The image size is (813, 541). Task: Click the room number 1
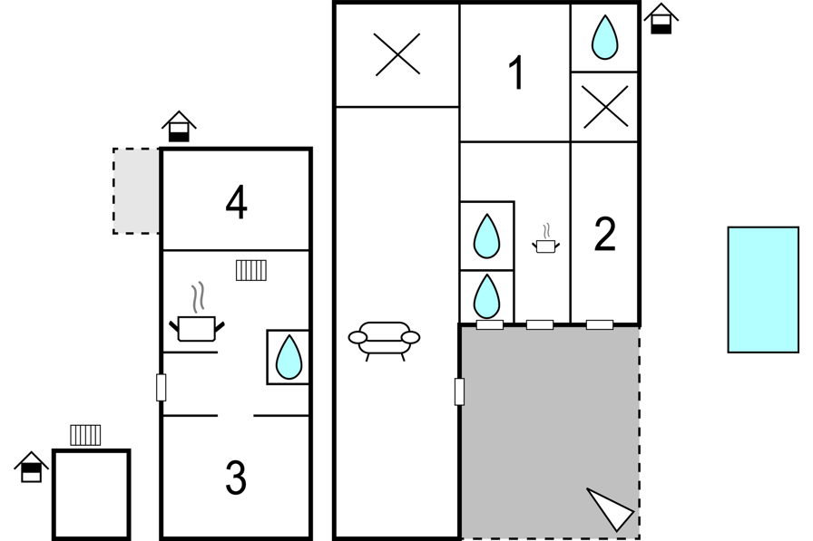(x=516, y=73)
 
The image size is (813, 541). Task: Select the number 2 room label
(x=604, y=235)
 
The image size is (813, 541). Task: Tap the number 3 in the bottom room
(x=236, y=478)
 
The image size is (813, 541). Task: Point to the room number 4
(x=237, y=203)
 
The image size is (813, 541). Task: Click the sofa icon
(x=384, y=341)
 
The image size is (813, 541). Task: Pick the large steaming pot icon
(x=197, y=313)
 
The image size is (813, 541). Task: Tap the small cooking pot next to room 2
(x=545, y=239)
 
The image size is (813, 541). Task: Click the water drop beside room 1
(x=604, y=37)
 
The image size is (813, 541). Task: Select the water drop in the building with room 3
(x=289, y=357)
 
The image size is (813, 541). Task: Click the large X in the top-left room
(x=397, y=54)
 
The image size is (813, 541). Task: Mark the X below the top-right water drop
(x=605, y=107)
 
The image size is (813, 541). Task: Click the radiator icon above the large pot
(x=251, y=270)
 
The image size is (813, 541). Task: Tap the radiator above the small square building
(x=85, y=435)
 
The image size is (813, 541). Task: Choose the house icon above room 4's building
(x=179, y=126)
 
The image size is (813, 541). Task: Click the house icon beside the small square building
(x=31, y=467)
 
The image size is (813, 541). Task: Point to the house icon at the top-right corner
(x=661, y=19)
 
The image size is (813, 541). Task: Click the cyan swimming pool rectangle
(x=763, y=290)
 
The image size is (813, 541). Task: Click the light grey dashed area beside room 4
(x=136, y=191)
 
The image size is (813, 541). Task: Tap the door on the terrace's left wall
(x=459, y=391)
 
